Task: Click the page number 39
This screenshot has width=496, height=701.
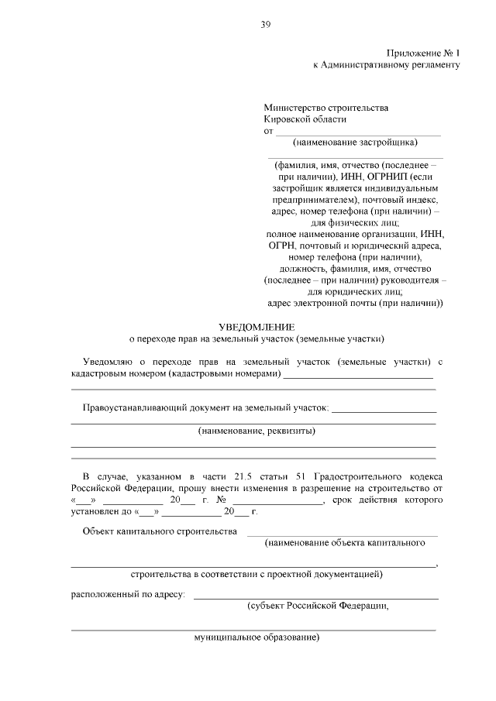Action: (x=265, y=25)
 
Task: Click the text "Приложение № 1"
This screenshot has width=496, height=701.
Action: (x=422, y=53)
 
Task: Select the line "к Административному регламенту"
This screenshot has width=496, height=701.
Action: (x=386, y=65)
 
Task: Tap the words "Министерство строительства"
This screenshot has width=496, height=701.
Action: (x=325, y=108)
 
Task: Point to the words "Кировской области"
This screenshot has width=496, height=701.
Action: (x=305, y=119)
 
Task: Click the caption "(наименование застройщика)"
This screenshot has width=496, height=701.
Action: (x=355, y=142)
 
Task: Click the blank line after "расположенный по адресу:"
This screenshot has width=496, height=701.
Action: (x=315, y=597)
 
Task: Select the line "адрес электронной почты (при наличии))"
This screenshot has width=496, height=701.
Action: (x=354, y=304)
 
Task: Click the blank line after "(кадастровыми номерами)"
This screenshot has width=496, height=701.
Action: (x=357, y=376)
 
